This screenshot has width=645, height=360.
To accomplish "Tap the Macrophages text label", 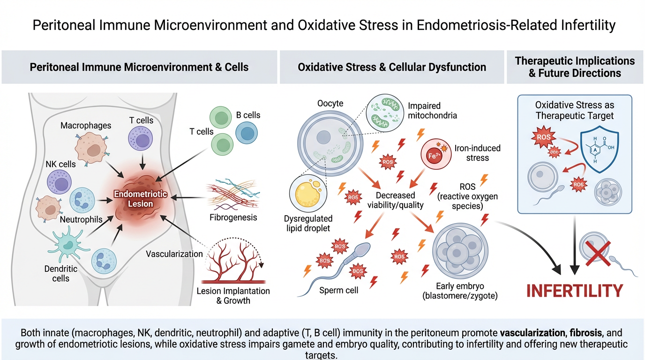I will point(86,126).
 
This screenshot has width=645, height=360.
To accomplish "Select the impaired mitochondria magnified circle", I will point(384,112).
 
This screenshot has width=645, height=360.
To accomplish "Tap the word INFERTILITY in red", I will point(574,291).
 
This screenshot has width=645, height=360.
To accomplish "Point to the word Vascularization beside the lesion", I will point(174,254).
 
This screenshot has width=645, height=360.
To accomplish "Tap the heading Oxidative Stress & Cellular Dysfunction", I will point(392,67).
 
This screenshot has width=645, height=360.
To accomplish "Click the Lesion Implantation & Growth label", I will point(233,296).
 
